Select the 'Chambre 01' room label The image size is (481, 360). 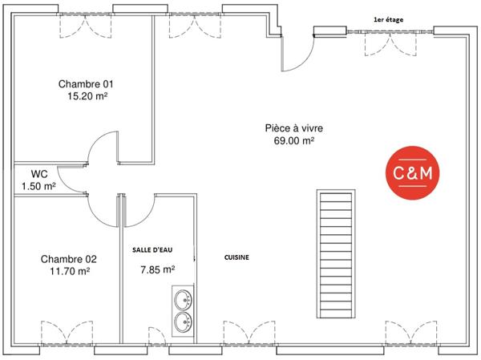coord(87,83)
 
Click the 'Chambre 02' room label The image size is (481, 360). coord(68,259)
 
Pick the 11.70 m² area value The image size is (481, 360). coord(68,271)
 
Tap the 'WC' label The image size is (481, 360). coord(38,173)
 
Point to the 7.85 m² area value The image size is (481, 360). coord(157,269)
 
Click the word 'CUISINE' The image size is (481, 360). coord(236,257)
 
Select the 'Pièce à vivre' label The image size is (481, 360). coord(294,128)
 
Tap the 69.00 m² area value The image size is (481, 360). coord(294,140)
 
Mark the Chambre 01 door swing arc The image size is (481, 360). coord(102,149)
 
